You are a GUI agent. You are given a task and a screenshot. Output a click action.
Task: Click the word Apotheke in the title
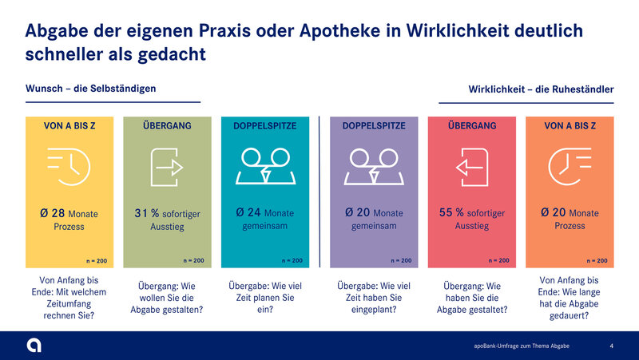coord(340,31)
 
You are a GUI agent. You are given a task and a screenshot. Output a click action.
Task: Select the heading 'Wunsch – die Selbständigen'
coord(90,89)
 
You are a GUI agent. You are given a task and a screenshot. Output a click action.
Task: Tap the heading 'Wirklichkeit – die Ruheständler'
coord(541,89)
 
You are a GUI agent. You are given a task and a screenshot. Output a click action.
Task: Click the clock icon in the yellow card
coord(69,167)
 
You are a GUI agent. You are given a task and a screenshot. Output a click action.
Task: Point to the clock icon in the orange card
coord(570,167)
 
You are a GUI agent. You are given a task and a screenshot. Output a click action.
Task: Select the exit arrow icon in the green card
coord(167,167)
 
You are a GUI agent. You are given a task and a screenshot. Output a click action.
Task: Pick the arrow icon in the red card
coord(472,167)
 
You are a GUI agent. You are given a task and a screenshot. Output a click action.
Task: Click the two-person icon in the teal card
coord(265,167)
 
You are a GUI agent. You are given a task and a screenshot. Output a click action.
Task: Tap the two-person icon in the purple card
coord(374,167)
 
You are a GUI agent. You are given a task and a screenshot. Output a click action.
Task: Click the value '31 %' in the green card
coord(147,213)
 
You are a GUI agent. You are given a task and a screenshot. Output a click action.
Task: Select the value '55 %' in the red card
coord(451,212)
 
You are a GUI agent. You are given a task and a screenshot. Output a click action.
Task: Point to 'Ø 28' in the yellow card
coord(53,213)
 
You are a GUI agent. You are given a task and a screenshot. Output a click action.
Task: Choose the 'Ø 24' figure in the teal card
coord(248,212)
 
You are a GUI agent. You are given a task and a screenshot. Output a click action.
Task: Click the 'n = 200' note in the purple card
coord(401,261)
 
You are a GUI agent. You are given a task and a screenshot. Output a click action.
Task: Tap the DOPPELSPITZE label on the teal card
coord(265,126)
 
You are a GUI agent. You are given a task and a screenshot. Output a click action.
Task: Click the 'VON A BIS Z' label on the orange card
coord(570,126)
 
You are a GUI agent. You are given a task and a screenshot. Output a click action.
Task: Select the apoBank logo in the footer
coord(34,346)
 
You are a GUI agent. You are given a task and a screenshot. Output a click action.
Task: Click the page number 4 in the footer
coord(611,346)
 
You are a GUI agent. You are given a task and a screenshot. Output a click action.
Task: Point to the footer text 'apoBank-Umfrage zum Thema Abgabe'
coord(522,346)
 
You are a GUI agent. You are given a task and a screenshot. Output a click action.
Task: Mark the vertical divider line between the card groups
coord(319,192)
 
